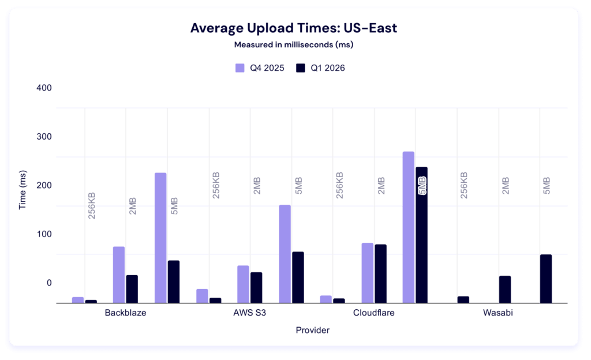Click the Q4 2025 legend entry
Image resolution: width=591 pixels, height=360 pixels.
click(x=260, y=68)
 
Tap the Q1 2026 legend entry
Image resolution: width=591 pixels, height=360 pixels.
click(x=320, y=68)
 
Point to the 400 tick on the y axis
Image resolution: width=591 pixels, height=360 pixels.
click(x=44, y=88)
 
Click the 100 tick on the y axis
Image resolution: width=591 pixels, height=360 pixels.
click(x=44, y=234)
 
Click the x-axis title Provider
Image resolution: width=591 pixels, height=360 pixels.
click(x=312, y=330)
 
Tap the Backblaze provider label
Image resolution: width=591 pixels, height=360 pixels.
click(x=125, y=314)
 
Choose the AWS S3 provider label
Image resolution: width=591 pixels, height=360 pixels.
click(x=249, y=314)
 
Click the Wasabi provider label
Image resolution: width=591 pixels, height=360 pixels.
click(x=498, y=314)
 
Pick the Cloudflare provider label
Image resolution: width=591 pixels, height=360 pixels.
click(x=374, y=314)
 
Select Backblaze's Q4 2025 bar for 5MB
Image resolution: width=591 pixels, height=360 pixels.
click(x=160, y=237)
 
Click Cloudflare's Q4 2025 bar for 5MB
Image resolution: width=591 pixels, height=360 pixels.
click(x=409, y=227)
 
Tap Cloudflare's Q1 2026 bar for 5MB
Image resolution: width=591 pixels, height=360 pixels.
click(x=421, y=234)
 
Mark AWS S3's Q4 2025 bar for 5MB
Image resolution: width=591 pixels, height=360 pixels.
click(x=285, y=253)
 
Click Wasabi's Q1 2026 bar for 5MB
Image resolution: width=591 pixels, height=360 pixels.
click(x=545, y=278)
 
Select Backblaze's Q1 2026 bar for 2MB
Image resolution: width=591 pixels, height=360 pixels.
click(x=132, y=288)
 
